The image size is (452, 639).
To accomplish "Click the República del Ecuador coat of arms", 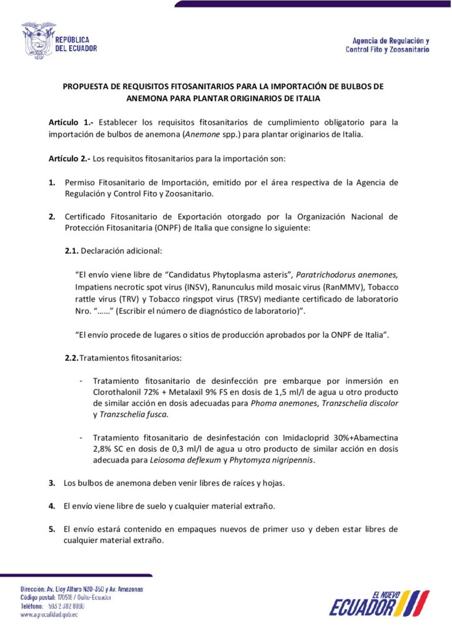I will pos(38,41).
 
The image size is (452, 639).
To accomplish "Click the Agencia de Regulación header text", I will pos(387,44).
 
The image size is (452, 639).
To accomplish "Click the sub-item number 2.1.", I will pos(72,250).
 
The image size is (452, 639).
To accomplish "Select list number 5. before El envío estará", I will pos(52,529).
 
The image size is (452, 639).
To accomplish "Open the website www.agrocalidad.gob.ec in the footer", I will pos(49,615).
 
